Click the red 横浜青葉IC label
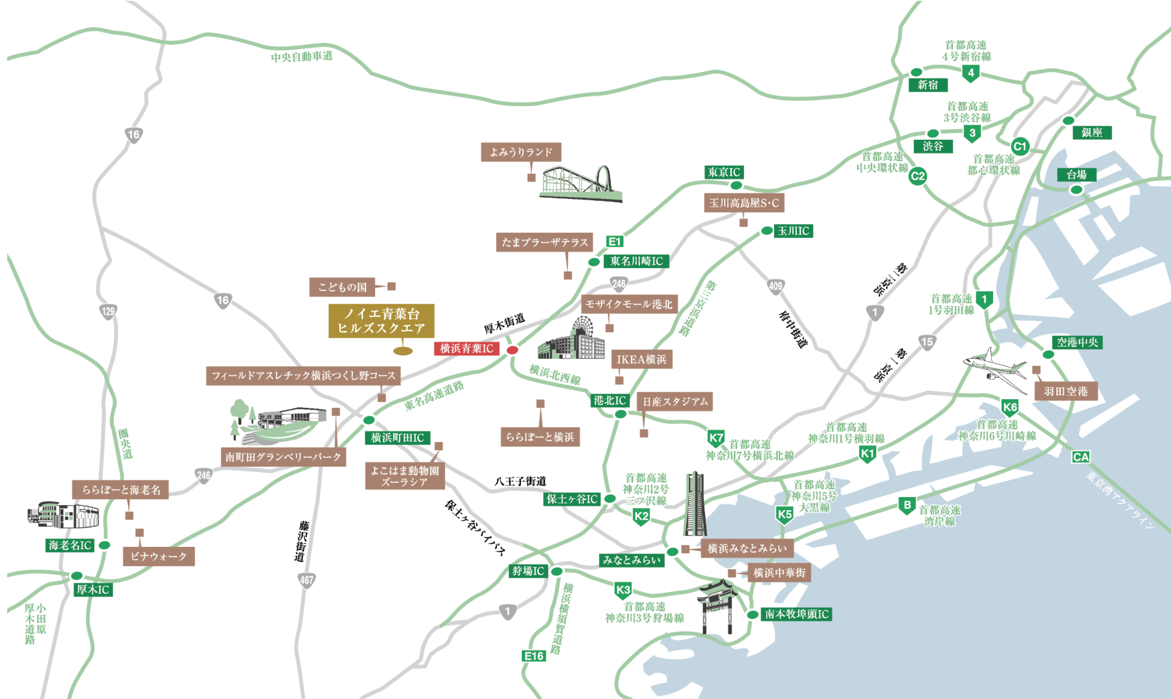click(x=467, y=348)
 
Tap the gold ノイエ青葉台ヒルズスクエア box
click(x=381, y=321)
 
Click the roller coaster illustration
click(x=581, y=182)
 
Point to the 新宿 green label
click(x=927, y=85)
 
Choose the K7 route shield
click(x=716, y=438)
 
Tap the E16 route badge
click(x=534, y=656)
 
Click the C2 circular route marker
click(x=917, y=176)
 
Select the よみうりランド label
click(x=521, y=152)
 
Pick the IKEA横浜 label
click(x=642, y=359)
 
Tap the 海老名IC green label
click(x=70, y=545)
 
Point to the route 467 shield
click(x=306, y=580)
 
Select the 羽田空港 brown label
click(x=1066, y=392)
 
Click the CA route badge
click(x=1081, y=457)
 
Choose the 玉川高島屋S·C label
click(x=744, y=203)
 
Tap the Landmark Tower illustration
click(x=695, y=503)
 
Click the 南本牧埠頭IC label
click(x=796, y=614)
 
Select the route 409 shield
click(x=775, y=286)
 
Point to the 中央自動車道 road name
click(x=302, y=57)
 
